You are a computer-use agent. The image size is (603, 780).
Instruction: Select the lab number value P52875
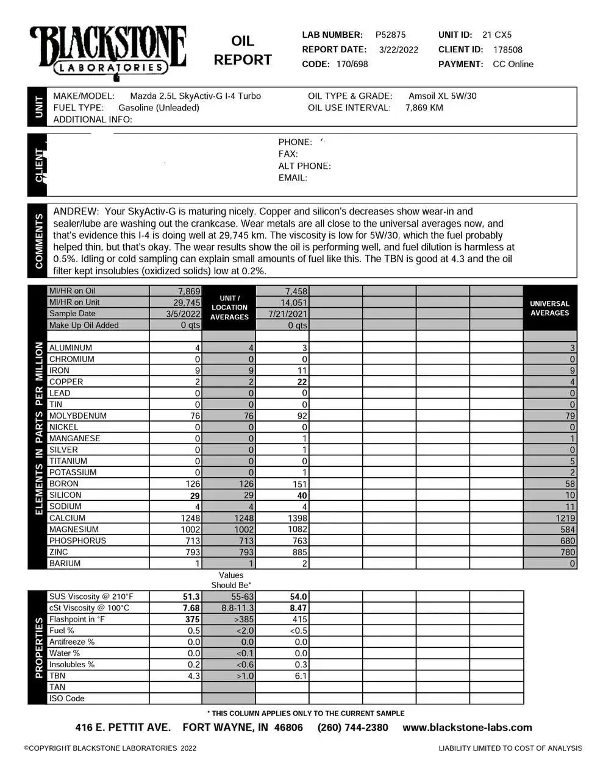[390, 35]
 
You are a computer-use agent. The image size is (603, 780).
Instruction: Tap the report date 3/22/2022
[399, 50]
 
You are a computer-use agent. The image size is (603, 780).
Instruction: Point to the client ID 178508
[507, 50]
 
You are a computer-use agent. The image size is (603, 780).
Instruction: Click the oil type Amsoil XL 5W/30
[442, 96]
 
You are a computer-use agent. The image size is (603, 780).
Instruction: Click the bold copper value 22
[301, 382]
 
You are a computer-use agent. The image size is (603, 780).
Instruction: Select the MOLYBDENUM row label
[77, 416]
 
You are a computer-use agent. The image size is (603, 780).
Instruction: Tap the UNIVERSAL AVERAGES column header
[549, 308]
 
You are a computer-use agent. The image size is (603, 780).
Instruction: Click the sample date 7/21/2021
[288, 314]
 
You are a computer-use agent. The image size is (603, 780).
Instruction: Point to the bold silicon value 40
[301, 495]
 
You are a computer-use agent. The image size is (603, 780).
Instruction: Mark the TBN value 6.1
[301, 676]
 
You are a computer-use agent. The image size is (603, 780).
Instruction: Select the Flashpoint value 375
[192, 619]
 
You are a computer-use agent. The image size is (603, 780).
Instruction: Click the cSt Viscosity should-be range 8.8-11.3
[238, 608]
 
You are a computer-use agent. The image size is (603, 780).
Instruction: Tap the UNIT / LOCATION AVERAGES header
[229, 308]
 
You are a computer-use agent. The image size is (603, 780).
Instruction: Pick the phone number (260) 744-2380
[352, 728]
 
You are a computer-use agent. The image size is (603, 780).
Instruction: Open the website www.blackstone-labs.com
[467, 728]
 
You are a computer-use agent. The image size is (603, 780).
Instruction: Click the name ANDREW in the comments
[75, 211]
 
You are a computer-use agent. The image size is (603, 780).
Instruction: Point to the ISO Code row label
[66, 698]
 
